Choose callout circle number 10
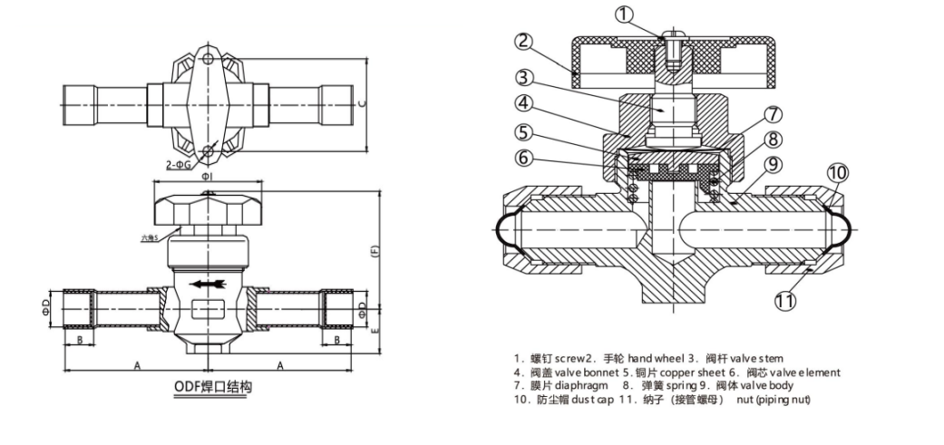[x=836, y=173]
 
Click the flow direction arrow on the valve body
[x=206, y=285]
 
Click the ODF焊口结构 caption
[x=212, y=387]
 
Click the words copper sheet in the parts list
[x=698, y=372]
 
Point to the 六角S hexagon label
[x=149, y=238]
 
